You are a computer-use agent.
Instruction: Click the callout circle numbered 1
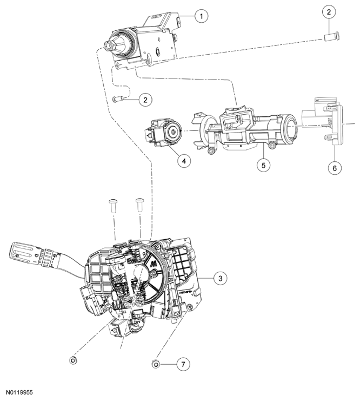[x=201, y=16]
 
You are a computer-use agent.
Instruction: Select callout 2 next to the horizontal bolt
[x=145, y=99]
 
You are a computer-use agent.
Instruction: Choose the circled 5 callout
[x=263, y=165]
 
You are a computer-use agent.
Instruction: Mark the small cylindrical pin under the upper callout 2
[x=329, y=37]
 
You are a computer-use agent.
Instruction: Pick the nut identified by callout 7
[x=156, y=364]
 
